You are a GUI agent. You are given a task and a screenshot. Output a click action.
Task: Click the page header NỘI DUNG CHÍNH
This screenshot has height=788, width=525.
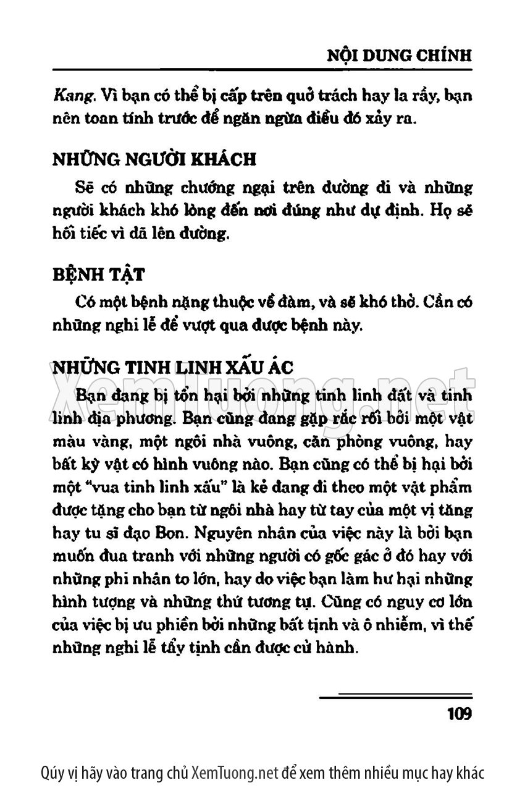pos(398,55)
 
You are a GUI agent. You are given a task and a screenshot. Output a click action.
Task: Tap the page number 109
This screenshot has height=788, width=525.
pos(458,714)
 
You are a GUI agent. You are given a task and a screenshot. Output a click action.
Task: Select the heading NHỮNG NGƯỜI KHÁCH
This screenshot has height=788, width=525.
pos(153,159)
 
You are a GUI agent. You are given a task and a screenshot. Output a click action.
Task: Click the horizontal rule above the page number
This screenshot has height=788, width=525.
pos(395,697)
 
